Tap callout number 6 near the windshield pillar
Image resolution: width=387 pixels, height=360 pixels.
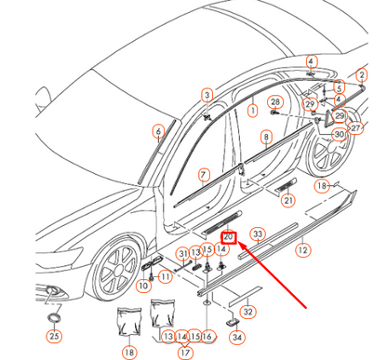159,131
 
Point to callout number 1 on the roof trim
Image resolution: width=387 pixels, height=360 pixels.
251,110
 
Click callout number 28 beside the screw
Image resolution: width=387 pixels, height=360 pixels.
274,101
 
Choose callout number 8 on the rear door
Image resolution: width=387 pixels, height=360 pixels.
265,137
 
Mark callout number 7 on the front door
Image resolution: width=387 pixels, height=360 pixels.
204,174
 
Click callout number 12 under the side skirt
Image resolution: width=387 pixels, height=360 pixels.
302,251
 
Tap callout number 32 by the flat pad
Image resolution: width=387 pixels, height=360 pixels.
247,312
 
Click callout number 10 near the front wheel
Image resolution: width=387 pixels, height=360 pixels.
144,287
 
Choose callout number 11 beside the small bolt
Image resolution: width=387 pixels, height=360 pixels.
165,276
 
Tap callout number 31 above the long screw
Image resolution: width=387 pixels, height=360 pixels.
183,254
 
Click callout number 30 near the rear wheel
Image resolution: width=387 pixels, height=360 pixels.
339,134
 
